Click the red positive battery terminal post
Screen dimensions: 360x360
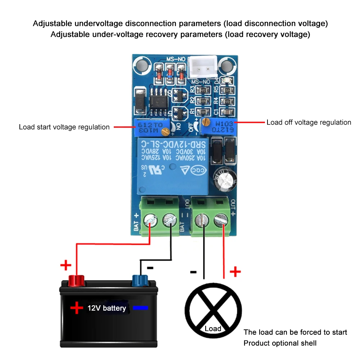[x=76, y=280]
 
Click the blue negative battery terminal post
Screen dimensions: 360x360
[x=140, y=280]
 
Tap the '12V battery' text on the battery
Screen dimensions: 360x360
[x=107, y=308]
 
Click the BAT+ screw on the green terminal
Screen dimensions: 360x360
[x=150, y=220]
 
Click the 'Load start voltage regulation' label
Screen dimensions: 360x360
[x=64, y=127]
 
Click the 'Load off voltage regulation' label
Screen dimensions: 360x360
[x=309, y=122]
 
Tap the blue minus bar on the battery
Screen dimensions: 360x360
[x=140, y=308]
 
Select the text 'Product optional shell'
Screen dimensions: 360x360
[x=280, y=343]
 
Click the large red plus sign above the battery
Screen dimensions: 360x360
[x=66, y=266]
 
